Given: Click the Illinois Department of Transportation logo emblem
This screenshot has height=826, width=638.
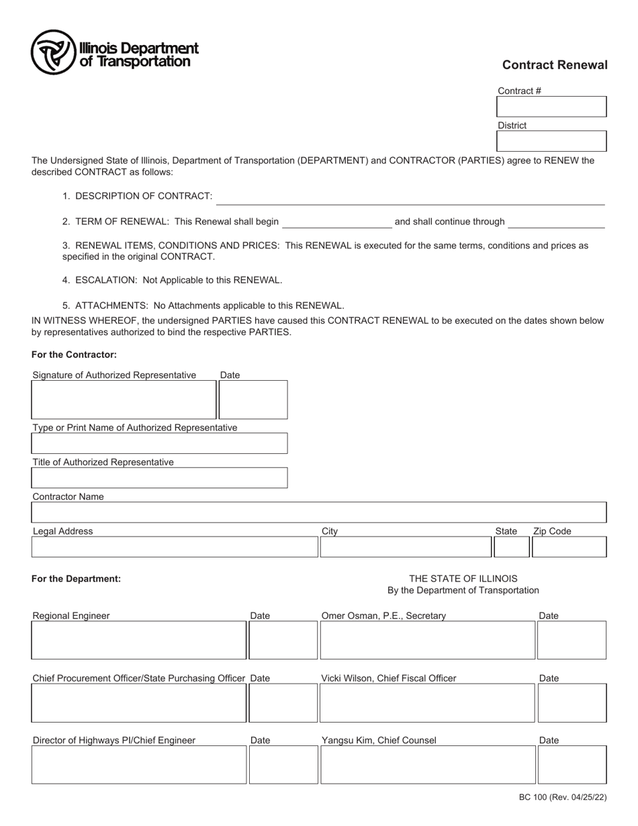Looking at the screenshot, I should coord(52,52).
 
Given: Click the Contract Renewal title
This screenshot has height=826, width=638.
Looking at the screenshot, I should coord(554,65).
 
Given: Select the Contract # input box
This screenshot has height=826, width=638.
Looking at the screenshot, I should coord(551,107).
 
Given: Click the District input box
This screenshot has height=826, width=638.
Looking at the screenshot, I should coord(551,141).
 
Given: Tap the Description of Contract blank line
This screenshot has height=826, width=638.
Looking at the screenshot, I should coord(410,198).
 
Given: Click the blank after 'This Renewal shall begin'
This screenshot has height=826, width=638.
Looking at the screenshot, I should coord(336,223).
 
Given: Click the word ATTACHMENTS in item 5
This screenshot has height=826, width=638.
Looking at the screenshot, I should coord(111,306).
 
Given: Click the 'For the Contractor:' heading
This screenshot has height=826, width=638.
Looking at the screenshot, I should coord(74,355).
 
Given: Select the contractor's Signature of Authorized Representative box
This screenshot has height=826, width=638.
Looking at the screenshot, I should coord(124,400).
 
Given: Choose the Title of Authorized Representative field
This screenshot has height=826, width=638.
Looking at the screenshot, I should coord(159,477).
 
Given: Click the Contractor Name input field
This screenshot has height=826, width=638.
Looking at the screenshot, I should coord(318,512).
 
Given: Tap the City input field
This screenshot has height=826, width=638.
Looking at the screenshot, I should coord(405,547).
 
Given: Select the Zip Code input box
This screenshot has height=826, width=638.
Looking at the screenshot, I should coord(569,547).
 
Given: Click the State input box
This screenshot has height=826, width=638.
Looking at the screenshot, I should coord(511,547).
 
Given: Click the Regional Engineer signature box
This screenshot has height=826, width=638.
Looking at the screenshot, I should coord(138,640).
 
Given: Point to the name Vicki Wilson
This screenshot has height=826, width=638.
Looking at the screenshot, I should coord(347,678).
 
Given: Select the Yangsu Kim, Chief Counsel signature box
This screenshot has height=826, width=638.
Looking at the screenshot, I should coord(427,765).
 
